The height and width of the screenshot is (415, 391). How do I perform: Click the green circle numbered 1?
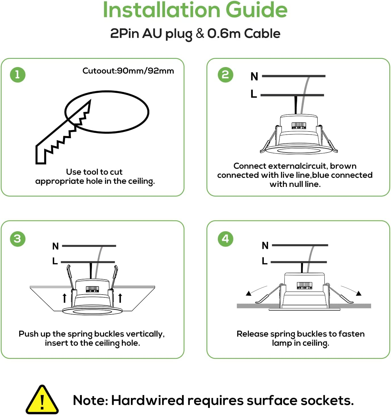(x=18, y=75)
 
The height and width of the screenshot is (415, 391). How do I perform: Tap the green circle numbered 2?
(x=225, y=75)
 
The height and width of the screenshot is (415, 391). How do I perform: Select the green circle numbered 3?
(x=18, y=239)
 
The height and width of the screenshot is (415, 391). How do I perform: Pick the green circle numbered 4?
(x=225, y=239)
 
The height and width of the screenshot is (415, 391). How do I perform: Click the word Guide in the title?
(x=256, y=10)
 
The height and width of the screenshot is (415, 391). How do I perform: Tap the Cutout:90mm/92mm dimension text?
(x=128, y=71)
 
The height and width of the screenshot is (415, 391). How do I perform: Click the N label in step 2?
(x=254, y=77)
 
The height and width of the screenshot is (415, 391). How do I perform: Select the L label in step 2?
(x=254, y=94)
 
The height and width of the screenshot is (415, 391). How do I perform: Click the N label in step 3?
(x=55, y=246)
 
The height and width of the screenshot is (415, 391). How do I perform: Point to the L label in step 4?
(x=264, y=261)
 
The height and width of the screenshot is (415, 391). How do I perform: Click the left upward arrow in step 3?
(x=64, y=298)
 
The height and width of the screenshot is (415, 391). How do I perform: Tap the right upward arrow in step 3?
(x=120, y=298)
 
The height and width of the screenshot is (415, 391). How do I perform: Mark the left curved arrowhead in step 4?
(x=249, y=293)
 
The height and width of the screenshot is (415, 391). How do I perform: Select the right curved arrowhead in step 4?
(x=359, y=293)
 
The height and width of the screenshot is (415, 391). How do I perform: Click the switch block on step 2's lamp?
(x=299, y=125)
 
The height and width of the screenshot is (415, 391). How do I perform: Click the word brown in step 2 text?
(x=343, y=166)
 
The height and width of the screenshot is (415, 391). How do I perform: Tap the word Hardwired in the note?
(x=148, y=401)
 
